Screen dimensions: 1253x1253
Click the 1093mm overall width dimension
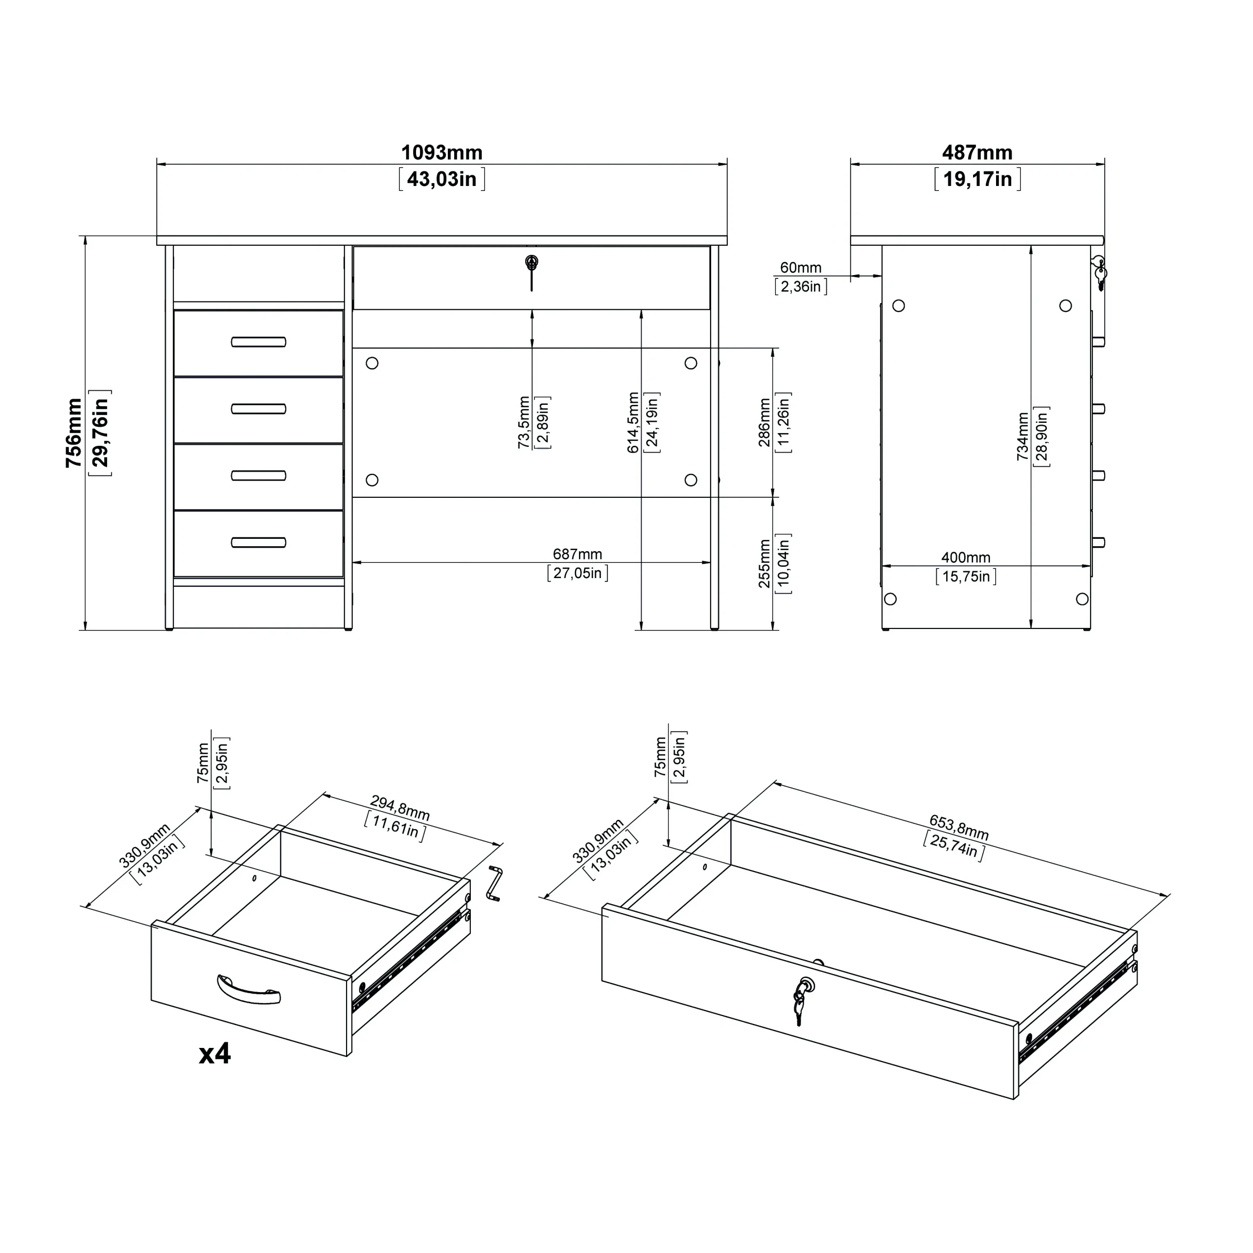click(x=441, y=153)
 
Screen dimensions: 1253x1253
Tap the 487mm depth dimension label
click(x=977, y=153)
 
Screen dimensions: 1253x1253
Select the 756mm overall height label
click(x=74, y=433)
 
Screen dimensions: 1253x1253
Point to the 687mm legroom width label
click(x=577, y=555)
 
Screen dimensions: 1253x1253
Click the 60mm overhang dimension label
click(x=800, y=267)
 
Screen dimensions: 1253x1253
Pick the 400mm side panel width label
click(x=966, y=558)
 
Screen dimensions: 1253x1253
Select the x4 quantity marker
click(x=215, y=1054)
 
